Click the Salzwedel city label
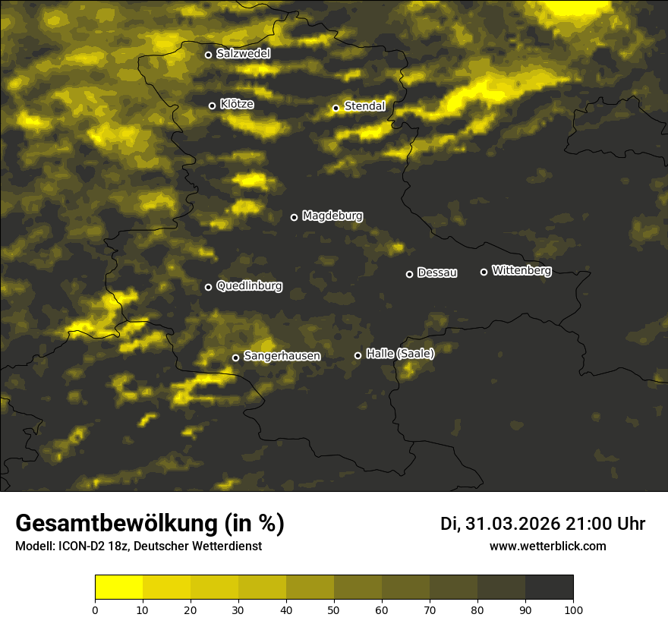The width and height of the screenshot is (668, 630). click(x=243, y=54)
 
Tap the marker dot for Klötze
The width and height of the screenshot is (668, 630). click(x=212, y=106)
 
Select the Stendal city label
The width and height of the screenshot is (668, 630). click(x=364, y=107)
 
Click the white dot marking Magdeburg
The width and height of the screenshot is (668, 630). click(x=294, y=217)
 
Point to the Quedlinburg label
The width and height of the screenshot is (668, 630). click(x=249, y=286)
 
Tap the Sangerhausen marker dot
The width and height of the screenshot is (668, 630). click(x=235, y=358)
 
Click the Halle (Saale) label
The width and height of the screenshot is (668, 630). click(x=400, y=354)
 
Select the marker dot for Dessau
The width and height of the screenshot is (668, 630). click(x=409, y=274)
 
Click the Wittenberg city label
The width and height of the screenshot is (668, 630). click(x=521, y=270)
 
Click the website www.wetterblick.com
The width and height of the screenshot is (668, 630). click(x=548, y=546)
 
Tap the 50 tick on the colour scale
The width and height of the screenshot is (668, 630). click(x=334, y=610)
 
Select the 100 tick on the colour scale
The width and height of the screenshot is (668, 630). click(x=573, y=610)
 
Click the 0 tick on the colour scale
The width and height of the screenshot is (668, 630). click(x=95, y=610)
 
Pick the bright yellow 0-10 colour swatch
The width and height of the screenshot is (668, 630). click(x=118, y=587)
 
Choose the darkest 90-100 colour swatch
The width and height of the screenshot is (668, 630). click(x=549, y=587)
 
